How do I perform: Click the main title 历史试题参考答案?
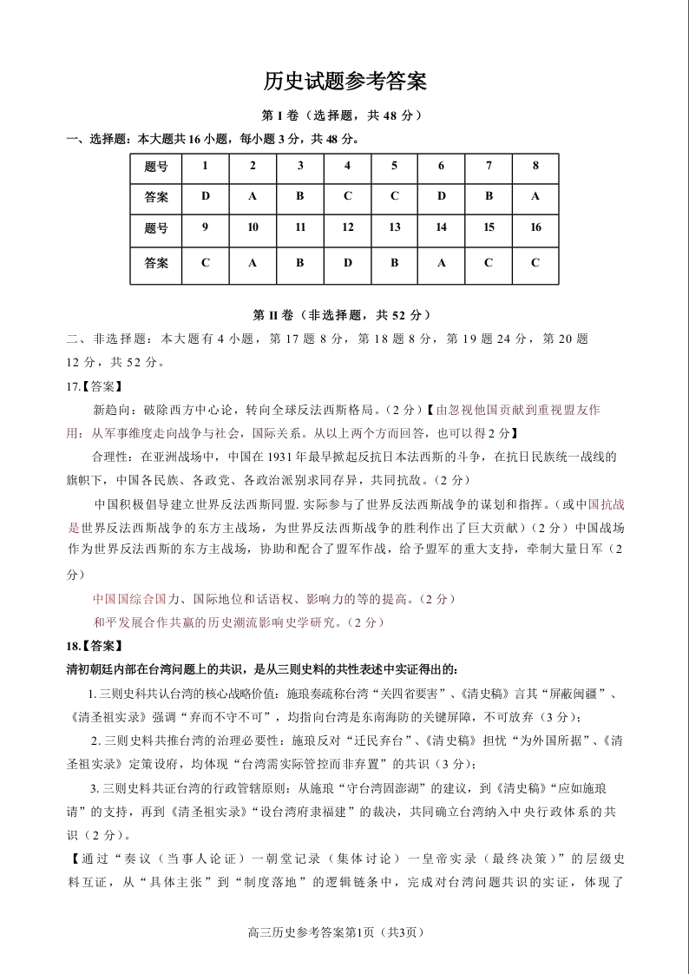tap(344, 82)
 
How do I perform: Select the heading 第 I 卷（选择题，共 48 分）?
tap(344, 115)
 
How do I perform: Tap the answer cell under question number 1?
tap(206, 196)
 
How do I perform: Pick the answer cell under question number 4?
tap(348, 196)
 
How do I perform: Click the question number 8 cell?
tap(535, 166)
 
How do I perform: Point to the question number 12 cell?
tap(348, 227)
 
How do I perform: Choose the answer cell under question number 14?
tap(442, 262)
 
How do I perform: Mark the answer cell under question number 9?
tap(206, 262)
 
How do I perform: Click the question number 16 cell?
tap(535, 227)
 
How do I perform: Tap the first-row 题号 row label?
tap(156, 166)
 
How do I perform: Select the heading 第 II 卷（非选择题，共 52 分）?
tap(344, 315)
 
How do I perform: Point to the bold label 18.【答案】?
tap(95, 646)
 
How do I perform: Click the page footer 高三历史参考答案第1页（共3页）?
tap(344, 932)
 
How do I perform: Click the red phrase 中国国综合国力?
tap(129, 599)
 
